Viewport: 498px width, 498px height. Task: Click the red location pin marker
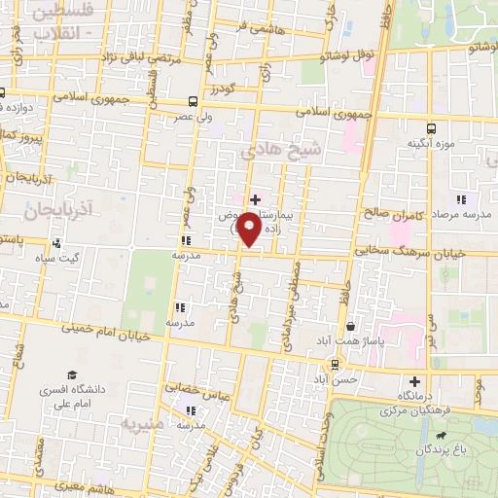pyautogui.click(x=249, y=229)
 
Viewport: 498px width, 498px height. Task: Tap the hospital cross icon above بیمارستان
pyautogui.click(x=255, y=199)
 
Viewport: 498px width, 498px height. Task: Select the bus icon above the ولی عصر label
pyautogui.click(x=193, y=101)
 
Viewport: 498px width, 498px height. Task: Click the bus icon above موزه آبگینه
pyautogui.click(x=431, y=127)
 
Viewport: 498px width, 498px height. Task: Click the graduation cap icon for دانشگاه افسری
pyautogui.click(x=71, y=374)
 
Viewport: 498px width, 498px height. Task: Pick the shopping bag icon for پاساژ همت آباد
pyautogui.click(x=350, y=326)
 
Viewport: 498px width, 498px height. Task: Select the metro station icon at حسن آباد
pyautogui.click(x=335, y=365)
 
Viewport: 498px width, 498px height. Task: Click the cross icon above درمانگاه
pyautogui.click(x=415, y=381)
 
